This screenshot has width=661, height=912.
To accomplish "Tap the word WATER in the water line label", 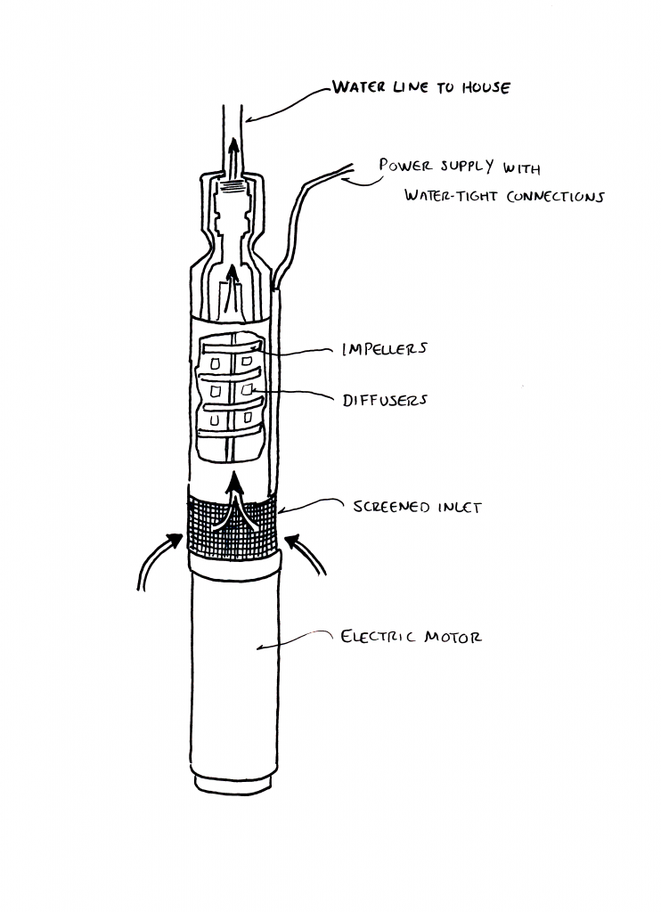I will (x=356, y=88).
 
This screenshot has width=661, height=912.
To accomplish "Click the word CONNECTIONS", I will (x=549, y=196).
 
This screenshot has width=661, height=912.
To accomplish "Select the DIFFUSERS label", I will (x=385, y=400).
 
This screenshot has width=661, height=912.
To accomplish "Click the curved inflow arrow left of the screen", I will (x=160, y=557).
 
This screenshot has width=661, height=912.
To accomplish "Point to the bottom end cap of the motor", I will (x=233, y=782).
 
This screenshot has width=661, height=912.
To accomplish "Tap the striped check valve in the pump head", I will (x=233, y=189).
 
